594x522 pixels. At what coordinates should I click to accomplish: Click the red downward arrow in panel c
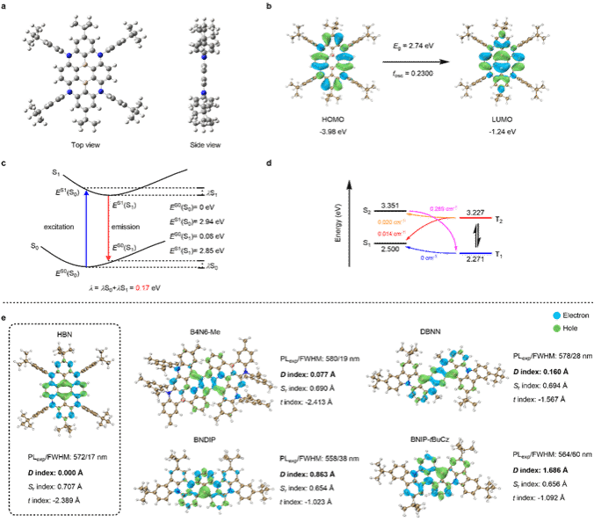tap(108, 227)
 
